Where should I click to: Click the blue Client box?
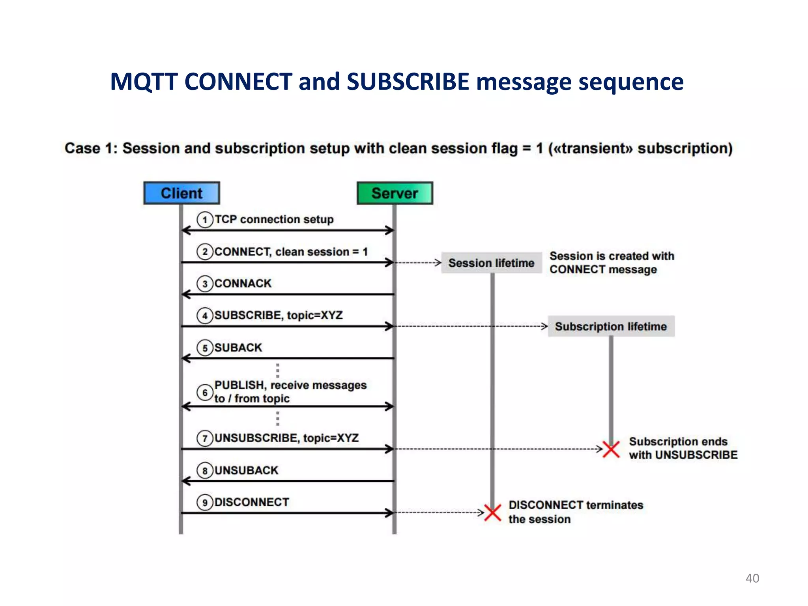click(181, 193)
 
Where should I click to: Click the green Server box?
click(395, 193)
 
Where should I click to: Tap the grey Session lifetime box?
click(491, 263)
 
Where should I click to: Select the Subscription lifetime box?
click(611, 326)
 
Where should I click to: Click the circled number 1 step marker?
click(205, 220)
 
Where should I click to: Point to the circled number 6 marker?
click(205, 393)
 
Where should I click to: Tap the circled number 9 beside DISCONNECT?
click(205, 503)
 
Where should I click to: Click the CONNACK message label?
click(243, 283)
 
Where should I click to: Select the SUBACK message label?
click(238, 348)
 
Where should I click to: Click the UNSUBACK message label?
click(247, 470)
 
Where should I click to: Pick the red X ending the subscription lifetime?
click(611, 449)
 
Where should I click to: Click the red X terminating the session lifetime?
click(493, 512)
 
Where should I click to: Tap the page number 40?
click(752, 578)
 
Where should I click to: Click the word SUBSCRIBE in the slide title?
click(408, 82)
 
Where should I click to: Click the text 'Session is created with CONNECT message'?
click(612, 263)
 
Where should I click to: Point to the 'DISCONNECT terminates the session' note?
click(575, 512)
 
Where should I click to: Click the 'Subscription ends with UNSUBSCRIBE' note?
click(683, 448)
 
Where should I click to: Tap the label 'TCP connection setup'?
click(274, 219)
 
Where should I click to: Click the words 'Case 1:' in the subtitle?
click(91, 148)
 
